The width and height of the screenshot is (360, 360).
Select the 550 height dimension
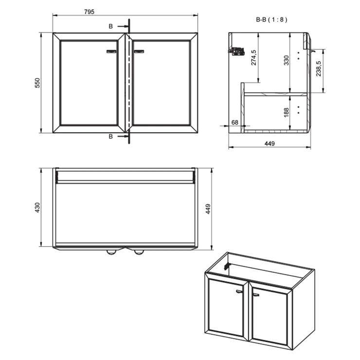pyautogui.click(x=37, y=83)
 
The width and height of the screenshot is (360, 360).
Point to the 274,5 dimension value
pyautogui.click(x=253, y=57)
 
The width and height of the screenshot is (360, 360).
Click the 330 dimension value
pyautogui.click(x=287, y=60)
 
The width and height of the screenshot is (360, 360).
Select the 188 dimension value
pyautogui.click(x=286, y=112)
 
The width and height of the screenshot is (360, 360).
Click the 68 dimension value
pyautogui.click(x=234, y=123)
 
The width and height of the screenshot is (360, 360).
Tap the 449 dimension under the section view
pyautogui.click(x=270, y=143)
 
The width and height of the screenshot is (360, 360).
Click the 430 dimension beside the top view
pyautogui.click(x=37, y=208)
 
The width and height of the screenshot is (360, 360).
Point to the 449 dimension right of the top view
pyautogui.click(x=208, y=209)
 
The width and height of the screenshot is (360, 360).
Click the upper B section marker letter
pyautogui.click(x=110, y=26)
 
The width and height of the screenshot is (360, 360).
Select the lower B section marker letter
pyautogui.click(x=110, y=137)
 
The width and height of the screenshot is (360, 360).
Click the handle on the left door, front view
pyautogui.click(x=112, y=50)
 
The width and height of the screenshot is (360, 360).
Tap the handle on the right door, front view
pyautogui.click(x=140, y=50)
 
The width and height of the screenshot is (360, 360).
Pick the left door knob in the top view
pyautogui.click(x=112, y=252)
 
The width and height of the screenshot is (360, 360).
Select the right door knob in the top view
pyautogui.click(x=139, y=252)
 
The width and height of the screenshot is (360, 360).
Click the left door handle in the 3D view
pyautogui.click(x=239, y=291)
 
